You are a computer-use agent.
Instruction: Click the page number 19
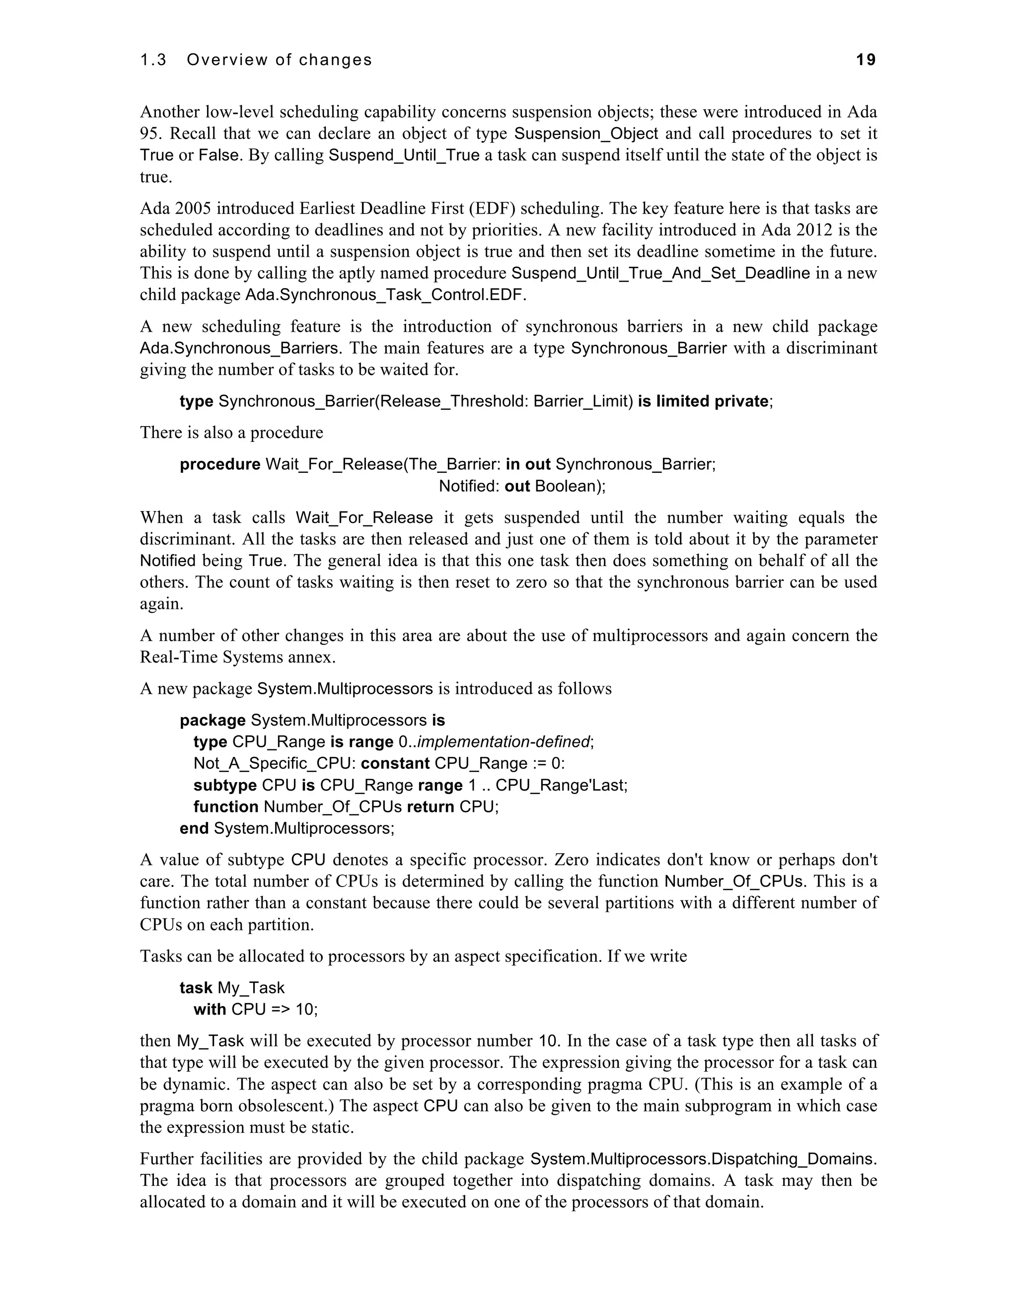pyautogui.click(x=866, y=60)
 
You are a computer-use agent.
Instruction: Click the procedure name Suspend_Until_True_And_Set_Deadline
pyautogui.click(x=660, y=274)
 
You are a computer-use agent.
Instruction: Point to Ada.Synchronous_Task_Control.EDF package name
pyautogui.click(x=385, y=295)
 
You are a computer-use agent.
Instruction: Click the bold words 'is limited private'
pyautogui.click(x=703, y=401)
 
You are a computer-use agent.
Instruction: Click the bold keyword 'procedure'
pyautogui.click(x=220, y=465)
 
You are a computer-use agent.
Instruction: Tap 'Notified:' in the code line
pyautogui.click(x=469, y=486)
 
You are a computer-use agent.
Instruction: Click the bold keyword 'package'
pyautogui.click(x=213, y=721)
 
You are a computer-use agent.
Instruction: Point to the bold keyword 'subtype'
pyautogui.click(x=225, y=786)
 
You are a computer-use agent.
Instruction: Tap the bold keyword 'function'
pyautogui.click(x=226, y=807)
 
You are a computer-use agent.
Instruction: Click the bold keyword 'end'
pyautogui.click(x=194, y=829)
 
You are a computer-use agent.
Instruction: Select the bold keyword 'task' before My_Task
pyautogui.click(x=196, y=988)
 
